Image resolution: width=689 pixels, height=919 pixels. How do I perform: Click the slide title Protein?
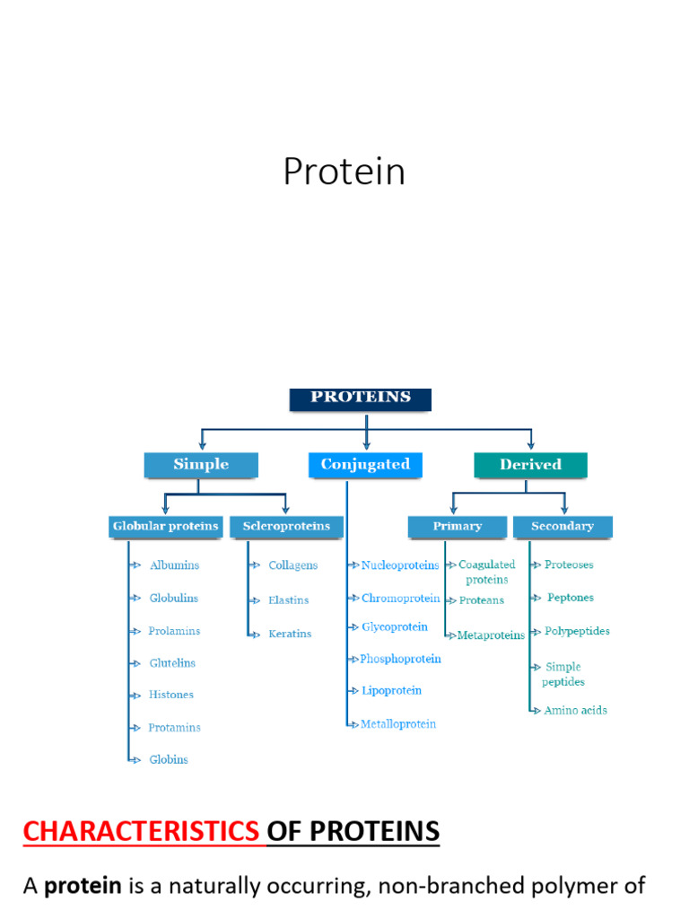click(x=344, y=172)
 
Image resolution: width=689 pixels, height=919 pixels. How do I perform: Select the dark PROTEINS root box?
click(x=360, y=398)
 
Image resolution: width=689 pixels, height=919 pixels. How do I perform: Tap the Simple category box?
click(x=201, y=465)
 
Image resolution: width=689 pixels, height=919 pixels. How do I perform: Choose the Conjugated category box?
click(x=365, y=465)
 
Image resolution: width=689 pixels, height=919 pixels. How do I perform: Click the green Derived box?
click(x=530, y=465)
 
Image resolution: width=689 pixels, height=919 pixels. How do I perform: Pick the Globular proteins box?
click(x=165, y=527)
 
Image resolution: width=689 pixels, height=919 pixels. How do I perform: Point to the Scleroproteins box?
click(x=286, y=527)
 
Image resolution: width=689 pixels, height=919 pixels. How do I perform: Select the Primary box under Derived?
click(x=457, y=527)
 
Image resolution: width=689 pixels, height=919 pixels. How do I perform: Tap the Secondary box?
click(x=563, y=527)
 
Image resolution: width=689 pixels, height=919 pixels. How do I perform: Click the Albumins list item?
click(x=174, y=565)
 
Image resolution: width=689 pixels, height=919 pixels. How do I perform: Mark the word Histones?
click(x=170, y=695)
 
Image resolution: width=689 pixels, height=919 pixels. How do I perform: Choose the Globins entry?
click(x=169, y=759)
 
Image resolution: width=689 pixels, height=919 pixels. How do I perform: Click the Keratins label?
click(x=290, y=634)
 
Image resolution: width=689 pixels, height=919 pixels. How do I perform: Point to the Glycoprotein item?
click(x=394, y=626)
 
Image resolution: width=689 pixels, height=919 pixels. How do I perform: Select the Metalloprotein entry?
click(x=398, y=723)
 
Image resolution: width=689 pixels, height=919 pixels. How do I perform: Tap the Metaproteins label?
click(x=491, y=635)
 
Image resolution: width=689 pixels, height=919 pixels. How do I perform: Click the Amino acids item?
click(x=575, y=710)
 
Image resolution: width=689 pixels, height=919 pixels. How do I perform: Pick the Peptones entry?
click(x=571, y=598)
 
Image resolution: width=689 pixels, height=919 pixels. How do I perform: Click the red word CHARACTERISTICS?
click(x=140, y=832)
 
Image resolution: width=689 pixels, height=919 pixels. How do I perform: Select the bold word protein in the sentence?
click(x=83, y=887)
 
